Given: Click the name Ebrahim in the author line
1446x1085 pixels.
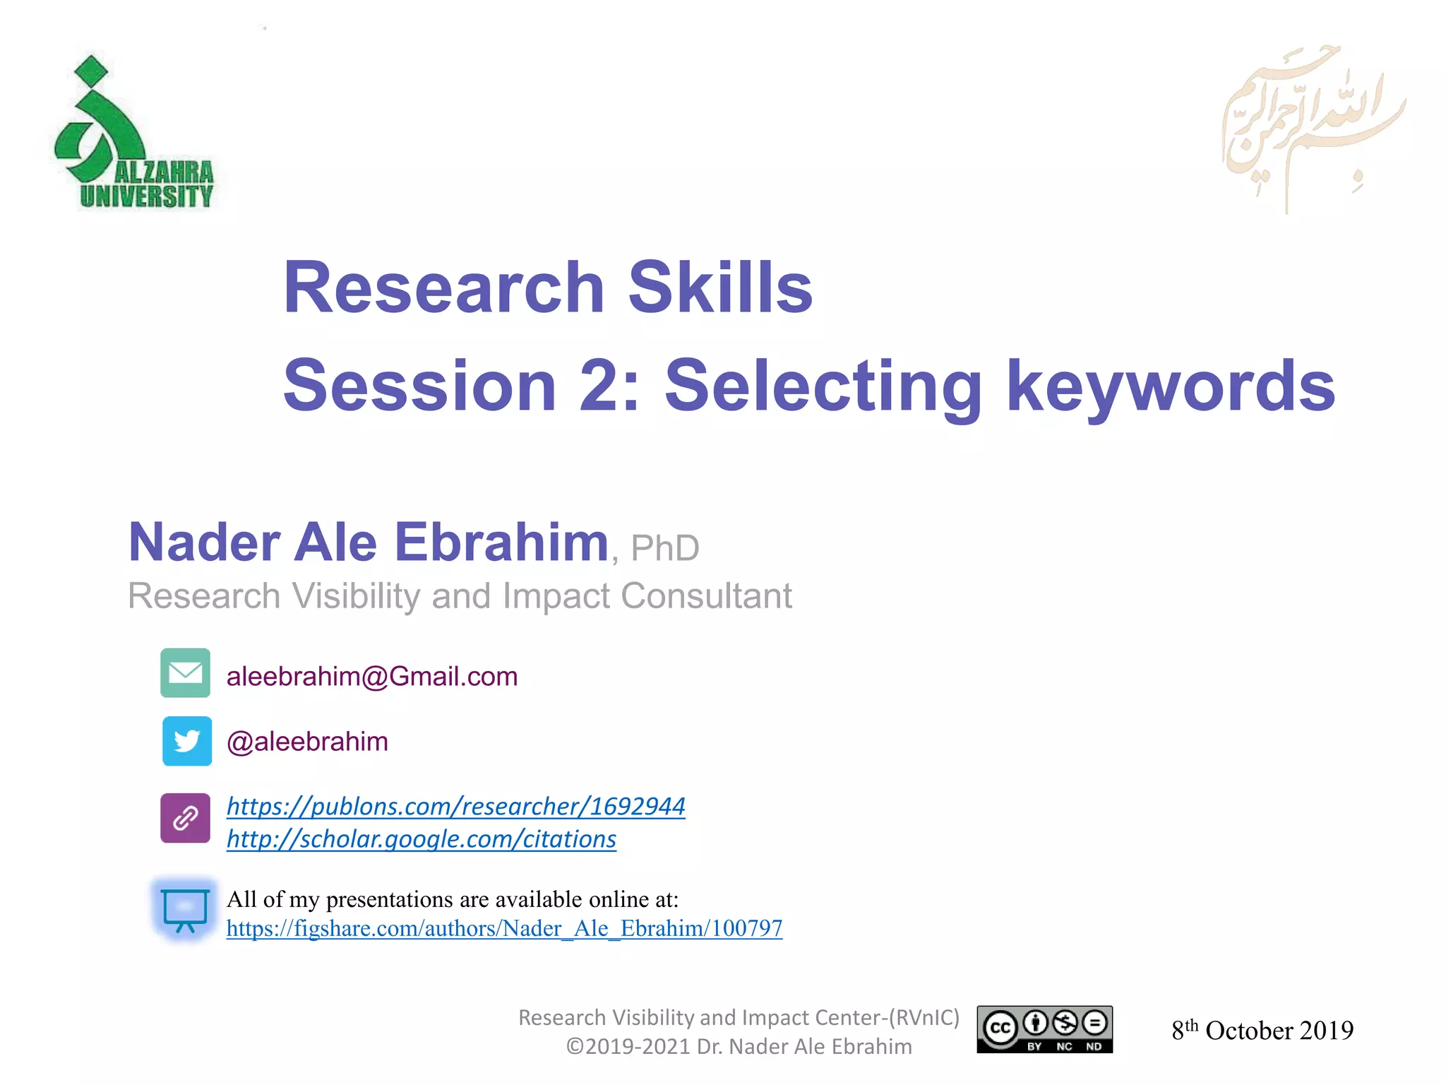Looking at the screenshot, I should click(x=501, y=542).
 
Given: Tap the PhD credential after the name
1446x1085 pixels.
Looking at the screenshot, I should click(x=664, y=548).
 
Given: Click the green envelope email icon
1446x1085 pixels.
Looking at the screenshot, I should click(x=185, y=672).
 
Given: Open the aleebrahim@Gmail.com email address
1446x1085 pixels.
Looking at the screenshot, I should click(x=372, y=677).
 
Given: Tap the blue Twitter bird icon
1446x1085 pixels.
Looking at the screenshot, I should click(x=186, y=741).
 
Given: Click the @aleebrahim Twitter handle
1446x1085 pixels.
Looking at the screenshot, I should click(x=307, y=742).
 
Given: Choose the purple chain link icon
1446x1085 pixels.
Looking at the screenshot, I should click(x=185, y=818).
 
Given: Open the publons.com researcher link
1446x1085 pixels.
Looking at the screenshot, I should click(x=456, y=806).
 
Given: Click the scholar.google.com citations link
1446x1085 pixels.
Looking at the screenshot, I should click(x=422, y=839).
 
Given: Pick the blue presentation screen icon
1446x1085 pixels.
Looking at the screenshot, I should click(x=185, y=910).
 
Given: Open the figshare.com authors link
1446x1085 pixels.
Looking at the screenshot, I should click(x=504, y=928).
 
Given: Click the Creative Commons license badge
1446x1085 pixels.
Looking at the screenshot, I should click(x=1044, y=1030).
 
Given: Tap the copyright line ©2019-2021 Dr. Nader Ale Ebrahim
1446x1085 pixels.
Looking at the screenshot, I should click(x=739, y=1046).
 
